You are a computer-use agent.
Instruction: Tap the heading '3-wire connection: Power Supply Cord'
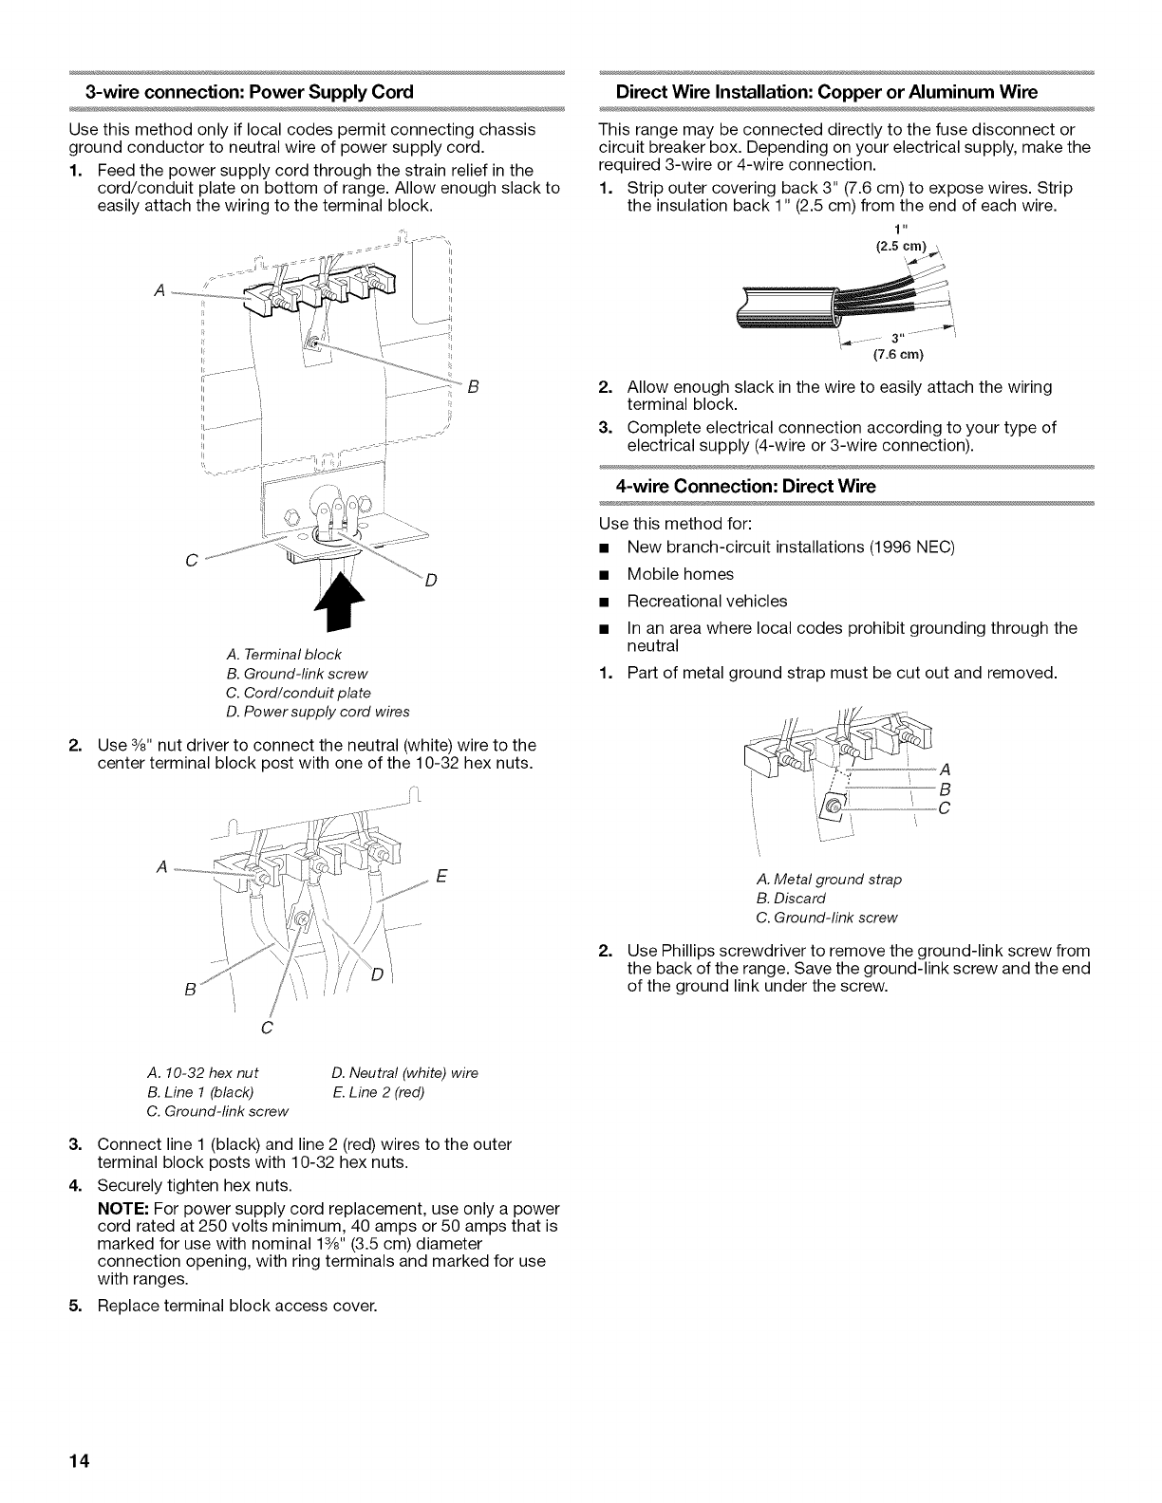click(x=249, y=92)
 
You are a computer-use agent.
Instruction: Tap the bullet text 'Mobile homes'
click(x=680, y=574)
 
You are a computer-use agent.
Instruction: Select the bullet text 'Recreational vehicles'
click(x=706, y=601)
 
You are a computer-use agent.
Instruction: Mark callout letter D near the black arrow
click(x=429, y=582)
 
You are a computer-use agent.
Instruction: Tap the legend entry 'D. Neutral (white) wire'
click(x=404, y=1073)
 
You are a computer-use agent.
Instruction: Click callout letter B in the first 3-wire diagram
click(x=472, y=387)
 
